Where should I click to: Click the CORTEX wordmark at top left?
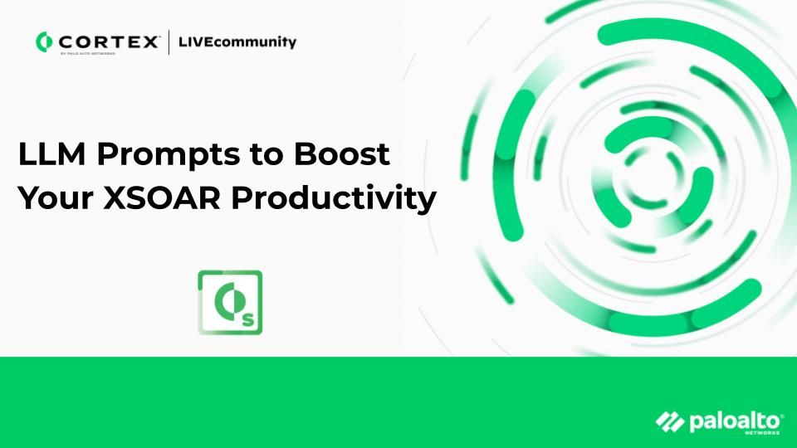click(107, 41)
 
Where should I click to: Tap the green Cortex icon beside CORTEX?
click(44, 41)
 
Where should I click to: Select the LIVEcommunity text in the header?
click(237, 41)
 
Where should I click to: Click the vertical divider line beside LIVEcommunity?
click(169, 41)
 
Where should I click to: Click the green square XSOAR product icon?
click(230, 302)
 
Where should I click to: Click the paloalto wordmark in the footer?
click(724, 422)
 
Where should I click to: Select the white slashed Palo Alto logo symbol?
click(670, 422)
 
